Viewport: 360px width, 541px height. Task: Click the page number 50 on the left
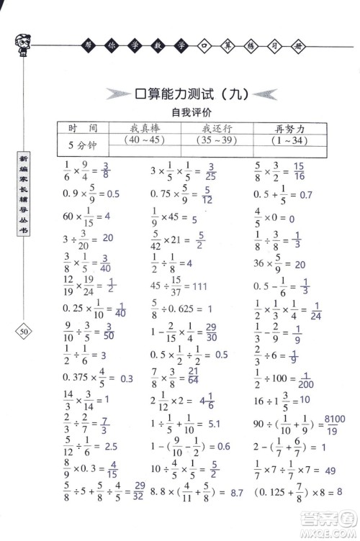(x=24, y=331)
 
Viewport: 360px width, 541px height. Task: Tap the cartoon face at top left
(x=22, y=45)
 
